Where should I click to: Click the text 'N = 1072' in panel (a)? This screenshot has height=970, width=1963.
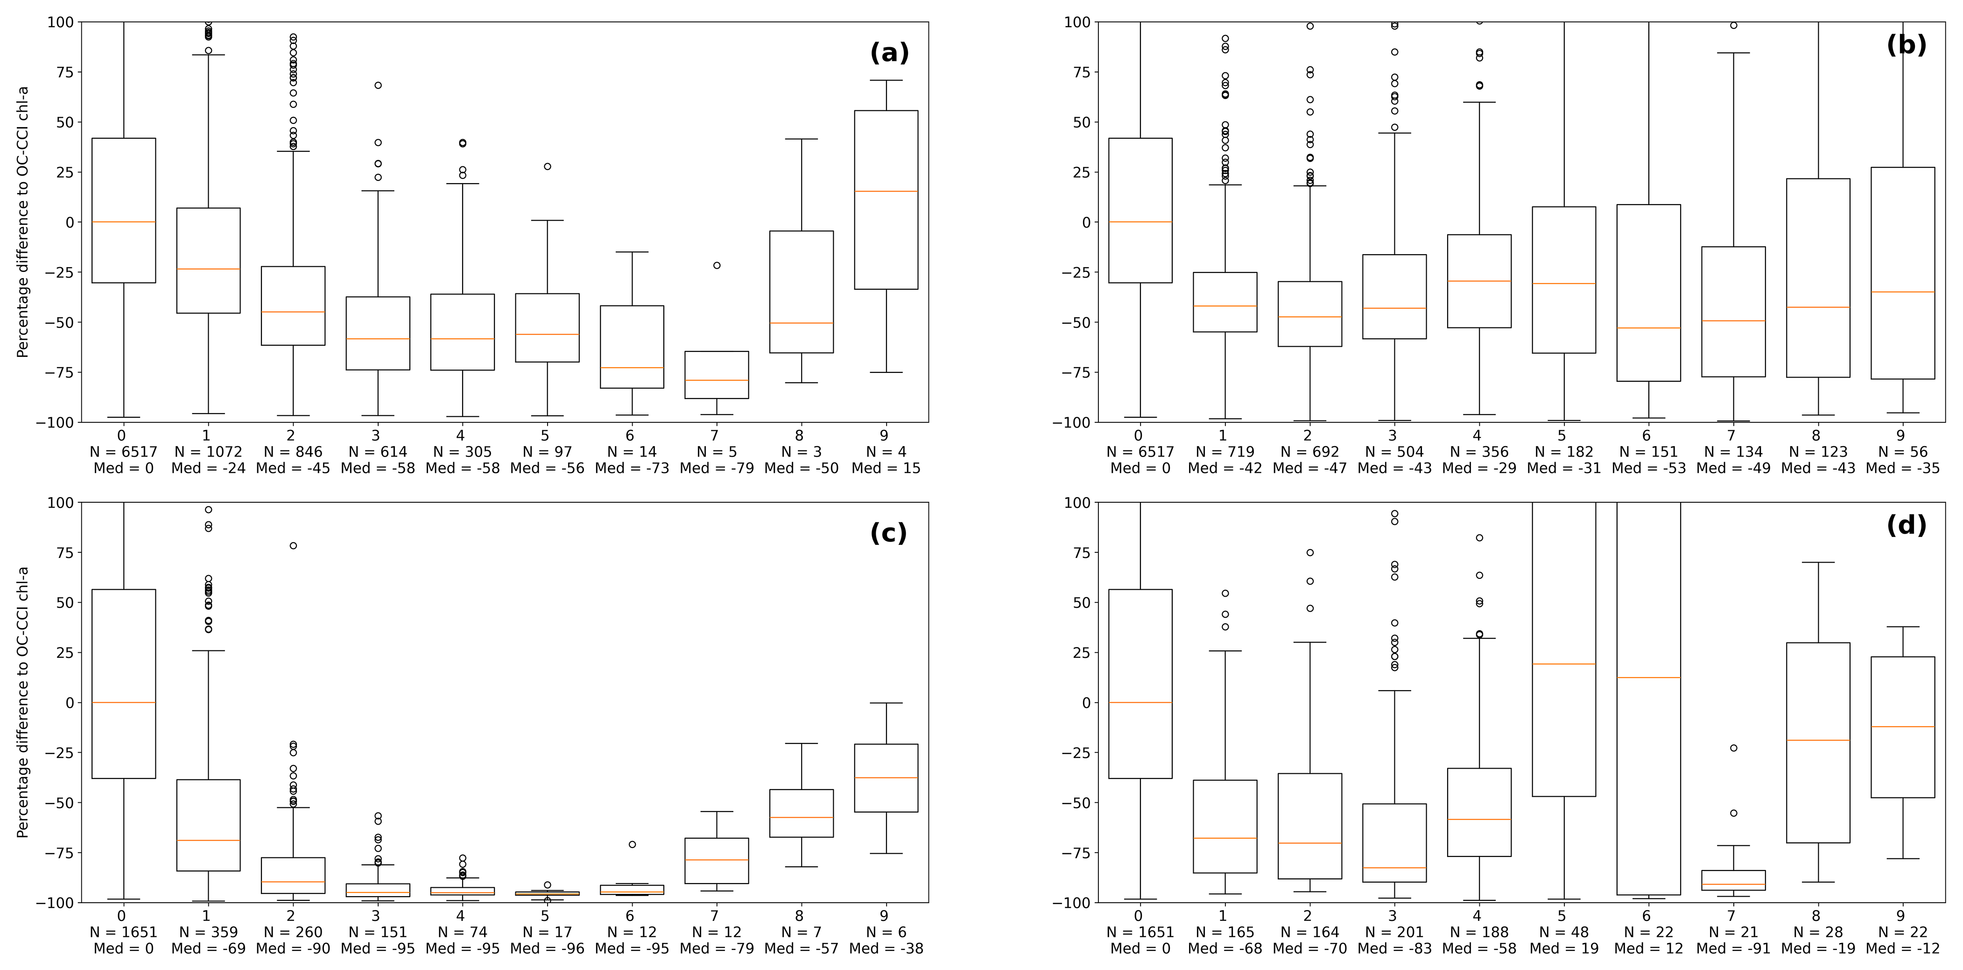208,452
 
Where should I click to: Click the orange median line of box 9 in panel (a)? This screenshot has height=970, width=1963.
886,192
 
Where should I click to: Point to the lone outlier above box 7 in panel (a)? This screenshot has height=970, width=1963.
716,265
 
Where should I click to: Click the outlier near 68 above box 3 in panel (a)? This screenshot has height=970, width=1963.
378,86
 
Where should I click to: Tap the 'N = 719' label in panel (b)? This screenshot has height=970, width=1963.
1224,452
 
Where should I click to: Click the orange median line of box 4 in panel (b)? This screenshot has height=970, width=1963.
1479,281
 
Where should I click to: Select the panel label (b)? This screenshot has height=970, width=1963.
1906,46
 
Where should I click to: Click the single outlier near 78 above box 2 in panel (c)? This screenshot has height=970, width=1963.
293,546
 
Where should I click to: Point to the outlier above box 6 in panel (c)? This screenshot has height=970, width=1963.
632,844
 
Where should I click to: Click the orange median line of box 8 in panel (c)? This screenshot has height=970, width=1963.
801,818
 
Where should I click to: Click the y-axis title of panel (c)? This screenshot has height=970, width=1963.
23,702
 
